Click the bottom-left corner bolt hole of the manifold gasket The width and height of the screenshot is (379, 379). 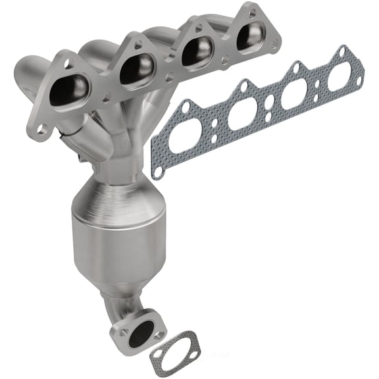[158, 170]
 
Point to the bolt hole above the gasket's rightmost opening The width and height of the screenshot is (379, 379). [341, 52]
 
